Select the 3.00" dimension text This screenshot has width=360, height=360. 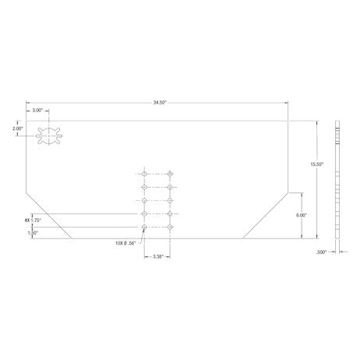tap(37, 111)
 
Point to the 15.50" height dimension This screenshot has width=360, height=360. tap(316, 164)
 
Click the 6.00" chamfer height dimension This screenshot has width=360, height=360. tap(302, 214)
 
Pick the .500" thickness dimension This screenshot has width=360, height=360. tap(322, 252)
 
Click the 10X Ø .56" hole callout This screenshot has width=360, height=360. tap(125, 243)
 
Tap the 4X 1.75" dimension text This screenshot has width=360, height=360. tap(32, 221)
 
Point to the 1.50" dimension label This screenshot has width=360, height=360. tap(32, 233)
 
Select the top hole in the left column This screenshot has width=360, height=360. tap(144, 174)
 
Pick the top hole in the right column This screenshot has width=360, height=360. tap(170, 174)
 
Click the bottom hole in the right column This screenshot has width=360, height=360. tap(170, 227)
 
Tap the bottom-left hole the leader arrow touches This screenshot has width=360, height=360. tap(144, 227)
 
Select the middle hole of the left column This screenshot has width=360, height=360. tap(144, 200)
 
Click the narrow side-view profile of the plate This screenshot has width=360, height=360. tap(338, 179)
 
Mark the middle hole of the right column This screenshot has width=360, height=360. tap(170, 200)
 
